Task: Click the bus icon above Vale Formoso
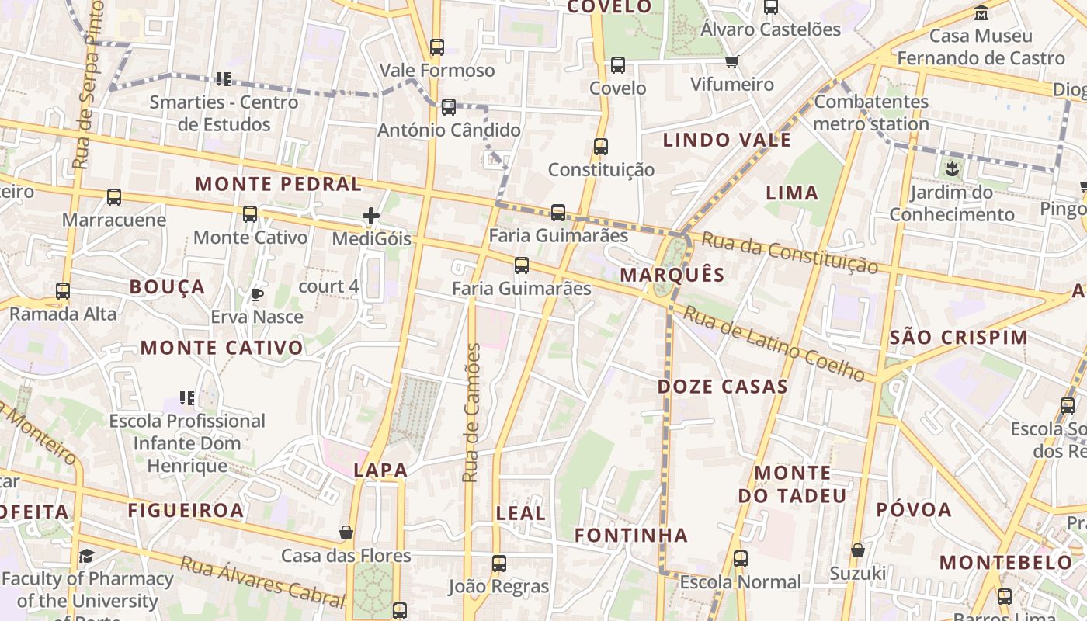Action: click(437, 47)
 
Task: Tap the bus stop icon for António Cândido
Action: click(449, 107)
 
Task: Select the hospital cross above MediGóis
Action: click(371, 216)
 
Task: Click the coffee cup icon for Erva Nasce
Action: click(256, 294)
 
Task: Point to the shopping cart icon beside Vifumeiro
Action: click(731, 61)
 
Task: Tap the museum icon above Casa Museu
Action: click(981, 13)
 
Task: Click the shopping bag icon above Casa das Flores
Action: click(346, 533)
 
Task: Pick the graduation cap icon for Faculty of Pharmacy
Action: click(86, 556)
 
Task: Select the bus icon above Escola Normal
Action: click(741, 559)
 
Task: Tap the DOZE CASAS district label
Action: click(723, 387)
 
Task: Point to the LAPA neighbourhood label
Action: click(380, 470)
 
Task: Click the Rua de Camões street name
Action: click(471, 413)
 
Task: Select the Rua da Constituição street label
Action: click(789, 252)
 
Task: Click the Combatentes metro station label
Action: click(871, 113)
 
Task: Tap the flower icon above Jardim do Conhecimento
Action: click(952, 168)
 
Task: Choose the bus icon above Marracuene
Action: click(114, 197)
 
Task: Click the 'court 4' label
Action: click(328, 286)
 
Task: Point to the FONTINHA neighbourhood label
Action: click(631, 535)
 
